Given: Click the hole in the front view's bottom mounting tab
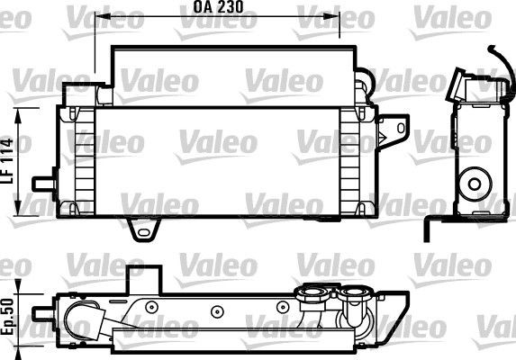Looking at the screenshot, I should (141, 233).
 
